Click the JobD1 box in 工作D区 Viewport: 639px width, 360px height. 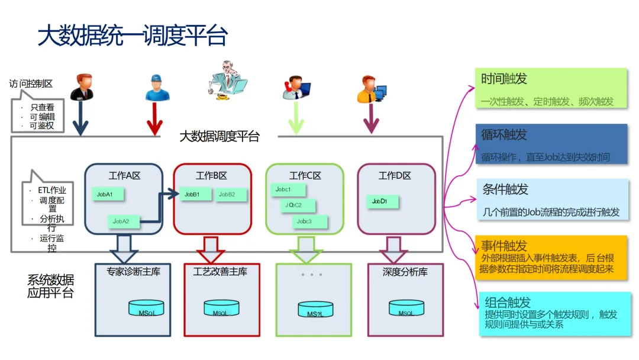tap(382, 201)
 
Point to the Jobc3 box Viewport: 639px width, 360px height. tap(308, 221)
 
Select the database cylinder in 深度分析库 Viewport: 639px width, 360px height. tap(406, 308)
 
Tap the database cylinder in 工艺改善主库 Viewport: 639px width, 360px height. tap(221, 308)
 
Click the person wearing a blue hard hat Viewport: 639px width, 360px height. tap(157, 88)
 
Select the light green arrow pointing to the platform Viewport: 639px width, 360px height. tap(296, 118)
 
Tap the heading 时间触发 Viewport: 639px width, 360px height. tap(504, 79)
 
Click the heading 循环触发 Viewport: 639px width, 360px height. tap(504, 134)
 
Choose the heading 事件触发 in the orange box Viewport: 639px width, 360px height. tap(504, 246)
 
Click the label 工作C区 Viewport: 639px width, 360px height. tap(305, 176)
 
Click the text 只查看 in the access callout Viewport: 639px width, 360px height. tap(42, 107)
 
